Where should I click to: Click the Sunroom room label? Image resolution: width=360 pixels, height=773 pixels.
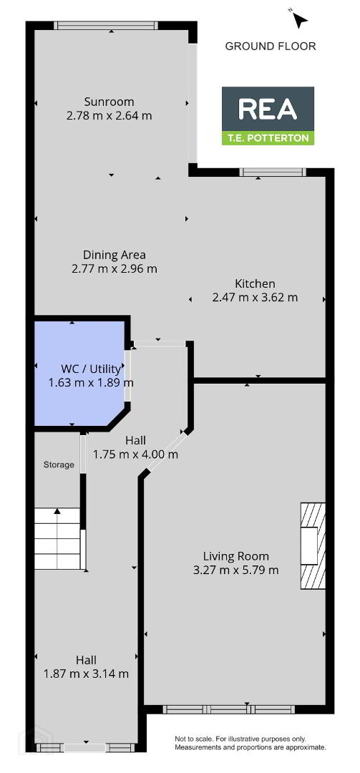coord(109,102)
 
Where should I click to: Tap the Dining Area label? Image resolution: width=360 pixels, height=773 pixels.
coord(114,255)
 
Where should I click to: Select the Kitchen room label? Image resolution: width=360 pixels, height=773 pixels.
coord(255,283)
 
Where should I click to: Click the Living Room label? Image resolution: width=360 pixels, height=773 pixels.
coord(238,556)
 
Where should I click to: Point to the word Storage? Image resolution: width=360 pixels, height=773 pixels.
coord(59,465)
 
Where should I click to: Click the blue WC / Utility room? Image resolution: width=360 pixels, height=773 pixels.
coord(79,374)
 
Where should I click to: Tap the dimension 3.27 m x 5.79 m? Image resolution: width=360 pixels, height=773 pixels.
coord(237,570)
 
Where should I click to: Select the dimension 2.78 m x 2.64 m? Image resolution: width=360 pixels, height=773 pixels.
coord(109,117)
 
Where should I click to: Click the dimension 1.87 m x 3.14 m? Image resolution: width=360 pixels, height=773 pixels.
coord(87,674)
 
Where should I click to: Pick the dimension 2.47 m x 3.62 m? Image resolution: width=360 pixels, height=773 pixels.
coord(255,297)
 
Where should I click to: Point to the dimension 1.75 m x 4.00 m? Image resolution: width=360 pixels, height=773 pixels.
coord(135,454)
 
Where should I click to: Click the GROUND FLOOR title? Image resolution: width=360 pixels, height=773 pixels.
coord(271,47)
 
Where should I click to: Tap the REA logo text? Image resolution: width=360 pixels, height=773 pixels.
coord(268,109)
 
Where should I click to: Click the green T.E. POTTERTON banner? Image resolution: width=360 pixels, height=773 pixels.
coord(268,138)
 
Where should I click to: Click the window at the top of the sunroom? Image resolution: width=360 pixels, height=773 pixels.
coord(106,25)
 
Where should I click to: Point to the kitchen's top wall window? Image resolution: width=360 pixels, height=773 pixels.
coord(273,172)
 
